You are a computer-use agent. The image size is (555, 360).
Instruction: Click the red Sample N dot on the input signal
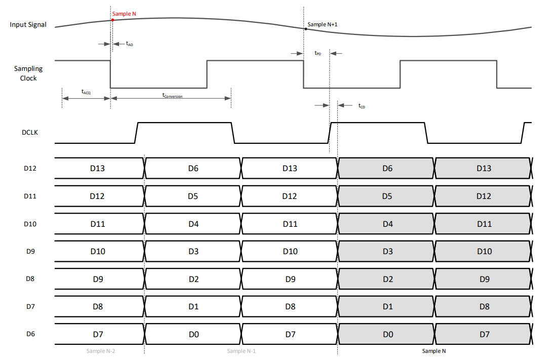(x=112, y=20)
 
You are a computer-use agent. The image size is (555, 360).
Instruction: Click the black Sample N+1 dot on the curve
(x=305, y=29)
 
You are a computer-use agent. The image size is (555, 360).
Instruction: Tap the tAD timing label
(x=130, y=44)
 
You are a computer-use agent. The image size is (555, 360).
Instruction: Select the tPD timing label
(x=318, y=53)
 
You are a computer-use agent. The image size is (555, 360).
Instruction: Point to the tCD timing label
(x=362, y=106)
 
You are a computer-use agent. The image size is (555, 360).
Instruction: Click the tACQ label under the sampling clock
(x=86, y=92)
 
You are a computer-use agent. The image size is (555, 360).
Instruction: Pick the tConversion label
(x=172, y=95)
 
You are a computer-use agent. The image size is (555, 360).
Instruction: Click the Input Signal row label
(x=28, y=25)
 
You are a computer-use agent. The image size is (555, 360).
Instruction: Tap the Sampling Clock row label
(x=28, y=73)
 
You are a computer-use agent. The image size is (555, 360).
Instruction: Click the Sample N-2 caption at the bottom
(x=101, y=351)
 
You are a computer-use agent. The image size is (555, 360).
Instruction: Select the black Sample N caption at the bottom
(x=434, y=351)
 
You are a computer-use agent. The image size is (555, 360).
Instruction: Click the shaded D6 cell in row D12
(x=386, y=168)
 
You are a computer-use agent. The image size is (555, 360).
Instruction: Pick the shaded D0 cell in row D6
(x=386, y=334)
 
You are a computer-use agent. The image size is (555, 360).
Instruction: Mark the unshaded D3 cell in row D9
(x=193, y=251)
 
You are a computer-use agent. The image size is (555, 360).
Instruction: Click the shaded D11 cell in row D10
(x=484, y=224)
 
